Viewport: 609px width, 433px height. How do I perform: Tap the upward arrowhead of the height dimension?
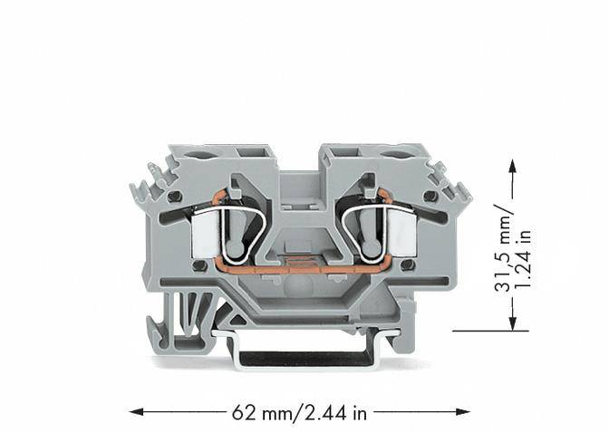[512, 167]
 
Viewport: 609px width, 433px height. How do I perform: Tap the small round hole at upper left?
[169, 196]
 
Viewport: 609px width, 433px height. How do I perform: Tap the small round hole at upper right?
[430, 196]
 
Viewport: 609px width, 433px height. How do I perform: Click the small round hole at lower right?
[406, 265]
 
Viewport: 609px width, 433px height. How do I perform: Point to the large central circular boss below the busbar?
[300, 290]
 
